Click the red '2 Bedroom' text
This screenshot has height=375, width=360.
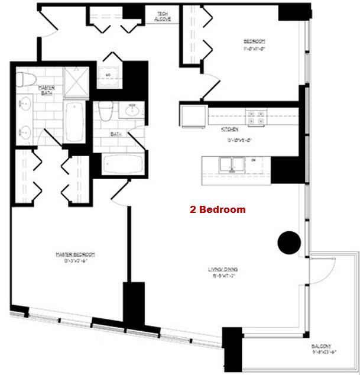click(217, 209)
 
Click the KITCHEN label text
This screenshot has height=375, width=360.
click(229, 129)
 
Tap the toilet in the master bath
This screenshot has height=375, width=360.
click(25, 78)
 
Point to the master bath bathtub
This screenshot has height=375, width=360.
click(74, 121)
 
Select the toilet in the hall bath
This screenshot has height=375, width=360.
click(106, 111)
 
